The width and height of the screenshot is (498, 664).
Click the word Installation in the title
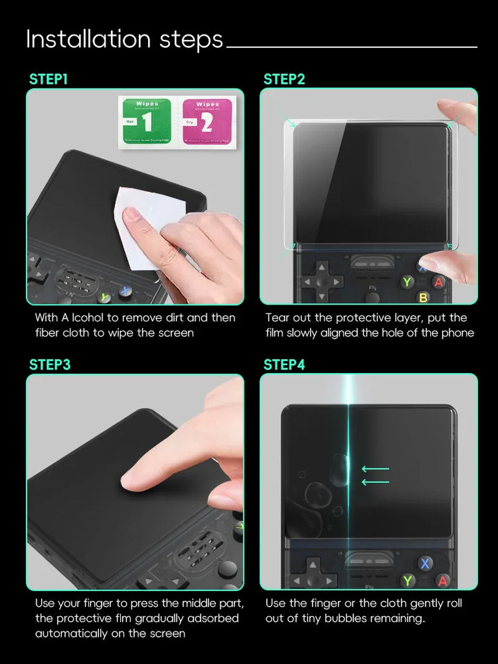(x=78, y=39)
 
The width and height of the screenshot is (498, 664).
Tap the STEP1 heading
(x=49, y=79)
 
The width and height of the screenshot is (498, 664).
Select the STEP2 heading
(x=284, y=79)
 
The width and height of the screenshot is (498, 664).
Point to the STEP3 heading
(x=50, y=364)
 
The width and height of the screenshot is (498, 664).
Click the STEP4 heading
(x=284, y=364)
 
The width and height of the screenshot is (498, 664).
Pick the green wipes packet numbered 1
(x=147, y=121)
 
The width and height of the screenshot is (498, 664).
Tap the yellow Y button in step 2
(x=407, y=282)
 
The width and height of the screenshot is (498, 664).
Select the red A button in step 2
(x=439, y=282)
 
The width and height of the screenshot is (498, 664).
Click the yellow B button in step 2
(x=423, y=297)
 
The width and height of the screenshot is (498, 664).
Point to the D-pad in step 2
(x=322, y=282)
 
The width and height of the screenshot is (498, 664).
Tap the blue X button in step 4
(x=426, y=564)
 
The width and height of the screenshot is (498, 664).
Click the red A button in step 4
(x=443, y=581)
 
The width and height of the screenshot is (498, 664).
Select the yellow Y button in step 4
(x=408, y=581)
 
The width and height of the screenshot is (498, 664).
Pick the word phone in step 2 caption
(x=458, y=333)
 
